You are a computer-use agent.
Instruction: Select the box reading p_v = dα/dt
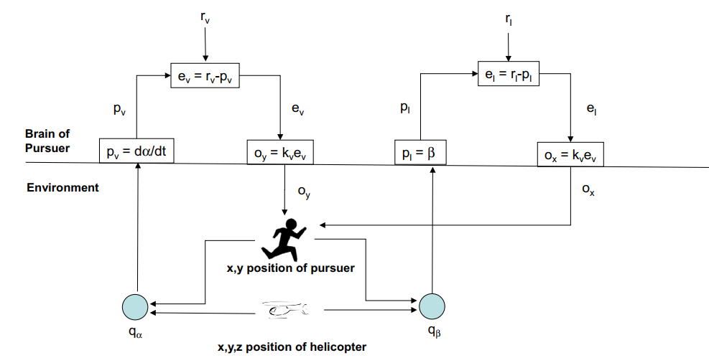(x=136, y=151)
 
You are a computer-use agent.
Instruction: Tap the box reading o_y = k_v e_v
(x=285, y=153)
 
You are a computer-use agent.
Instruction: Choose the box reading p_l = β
(x=420, y=152)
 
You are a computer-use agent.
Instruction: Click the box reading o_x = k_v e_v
(x=570, y=154)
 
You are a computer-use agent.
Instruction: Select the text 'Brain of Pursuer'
(x=47, y=141)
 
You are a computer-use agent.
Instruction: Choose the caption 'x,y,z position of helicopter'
(x=292, y=347)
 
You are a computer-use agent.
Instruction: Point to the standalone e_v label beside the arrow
(x=295, y=109)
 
